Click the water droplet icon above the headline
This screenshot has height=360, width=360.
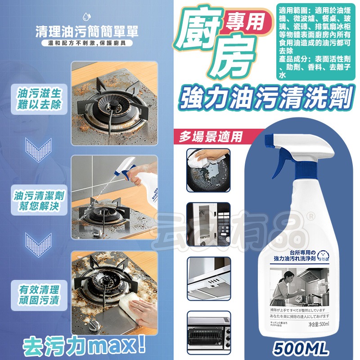click(x=86, y=17)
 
